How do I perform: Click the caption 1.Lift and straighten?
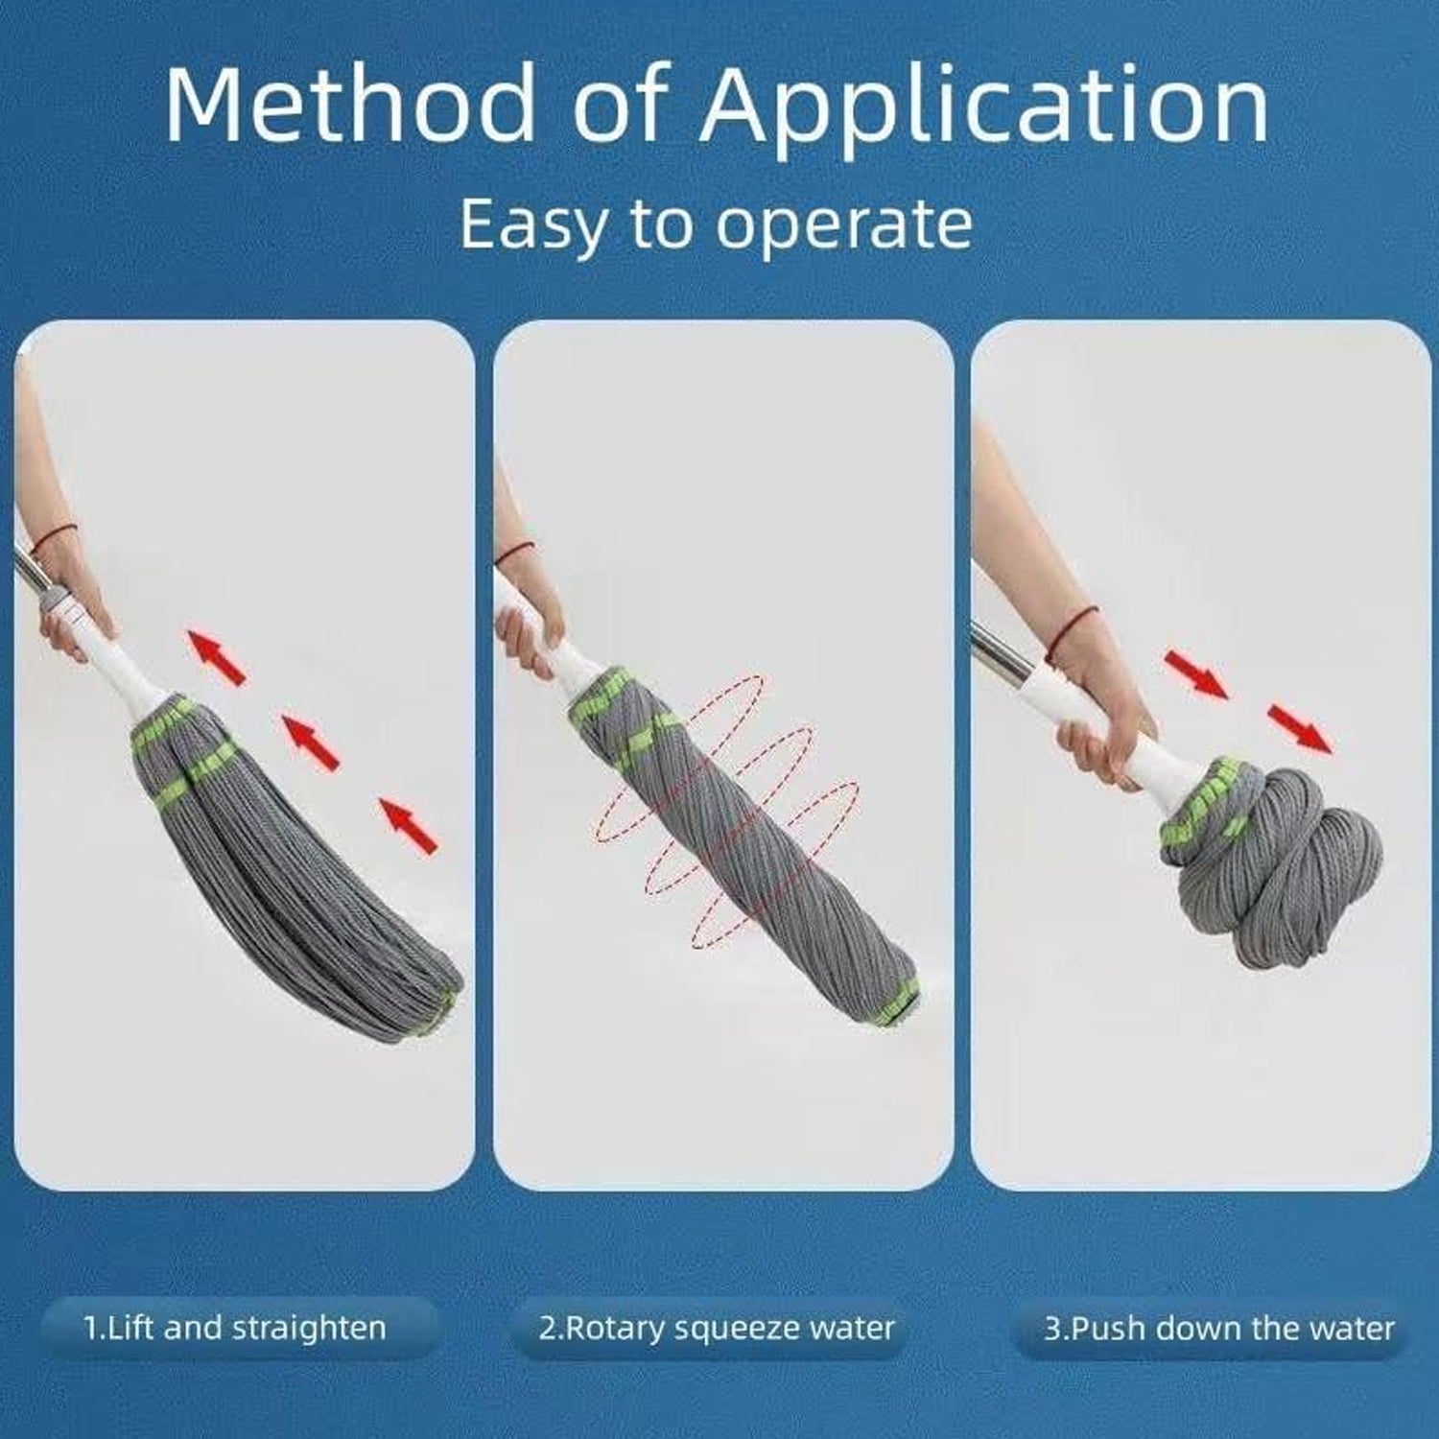235,1329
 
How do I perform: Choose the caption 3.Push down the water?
1218,1329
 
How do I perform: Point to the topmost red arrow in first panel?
215,656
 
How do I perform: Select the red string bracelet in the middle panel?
518,552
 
